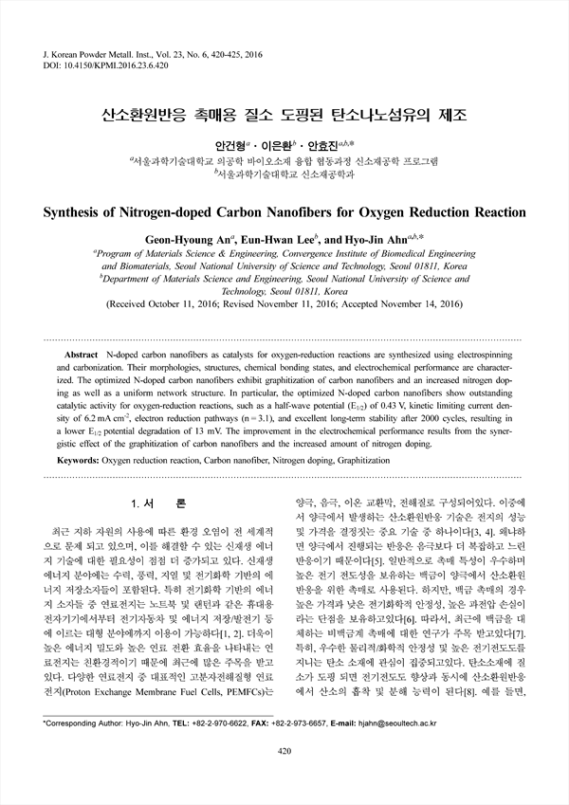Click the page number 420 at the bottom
pos(284,778)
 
